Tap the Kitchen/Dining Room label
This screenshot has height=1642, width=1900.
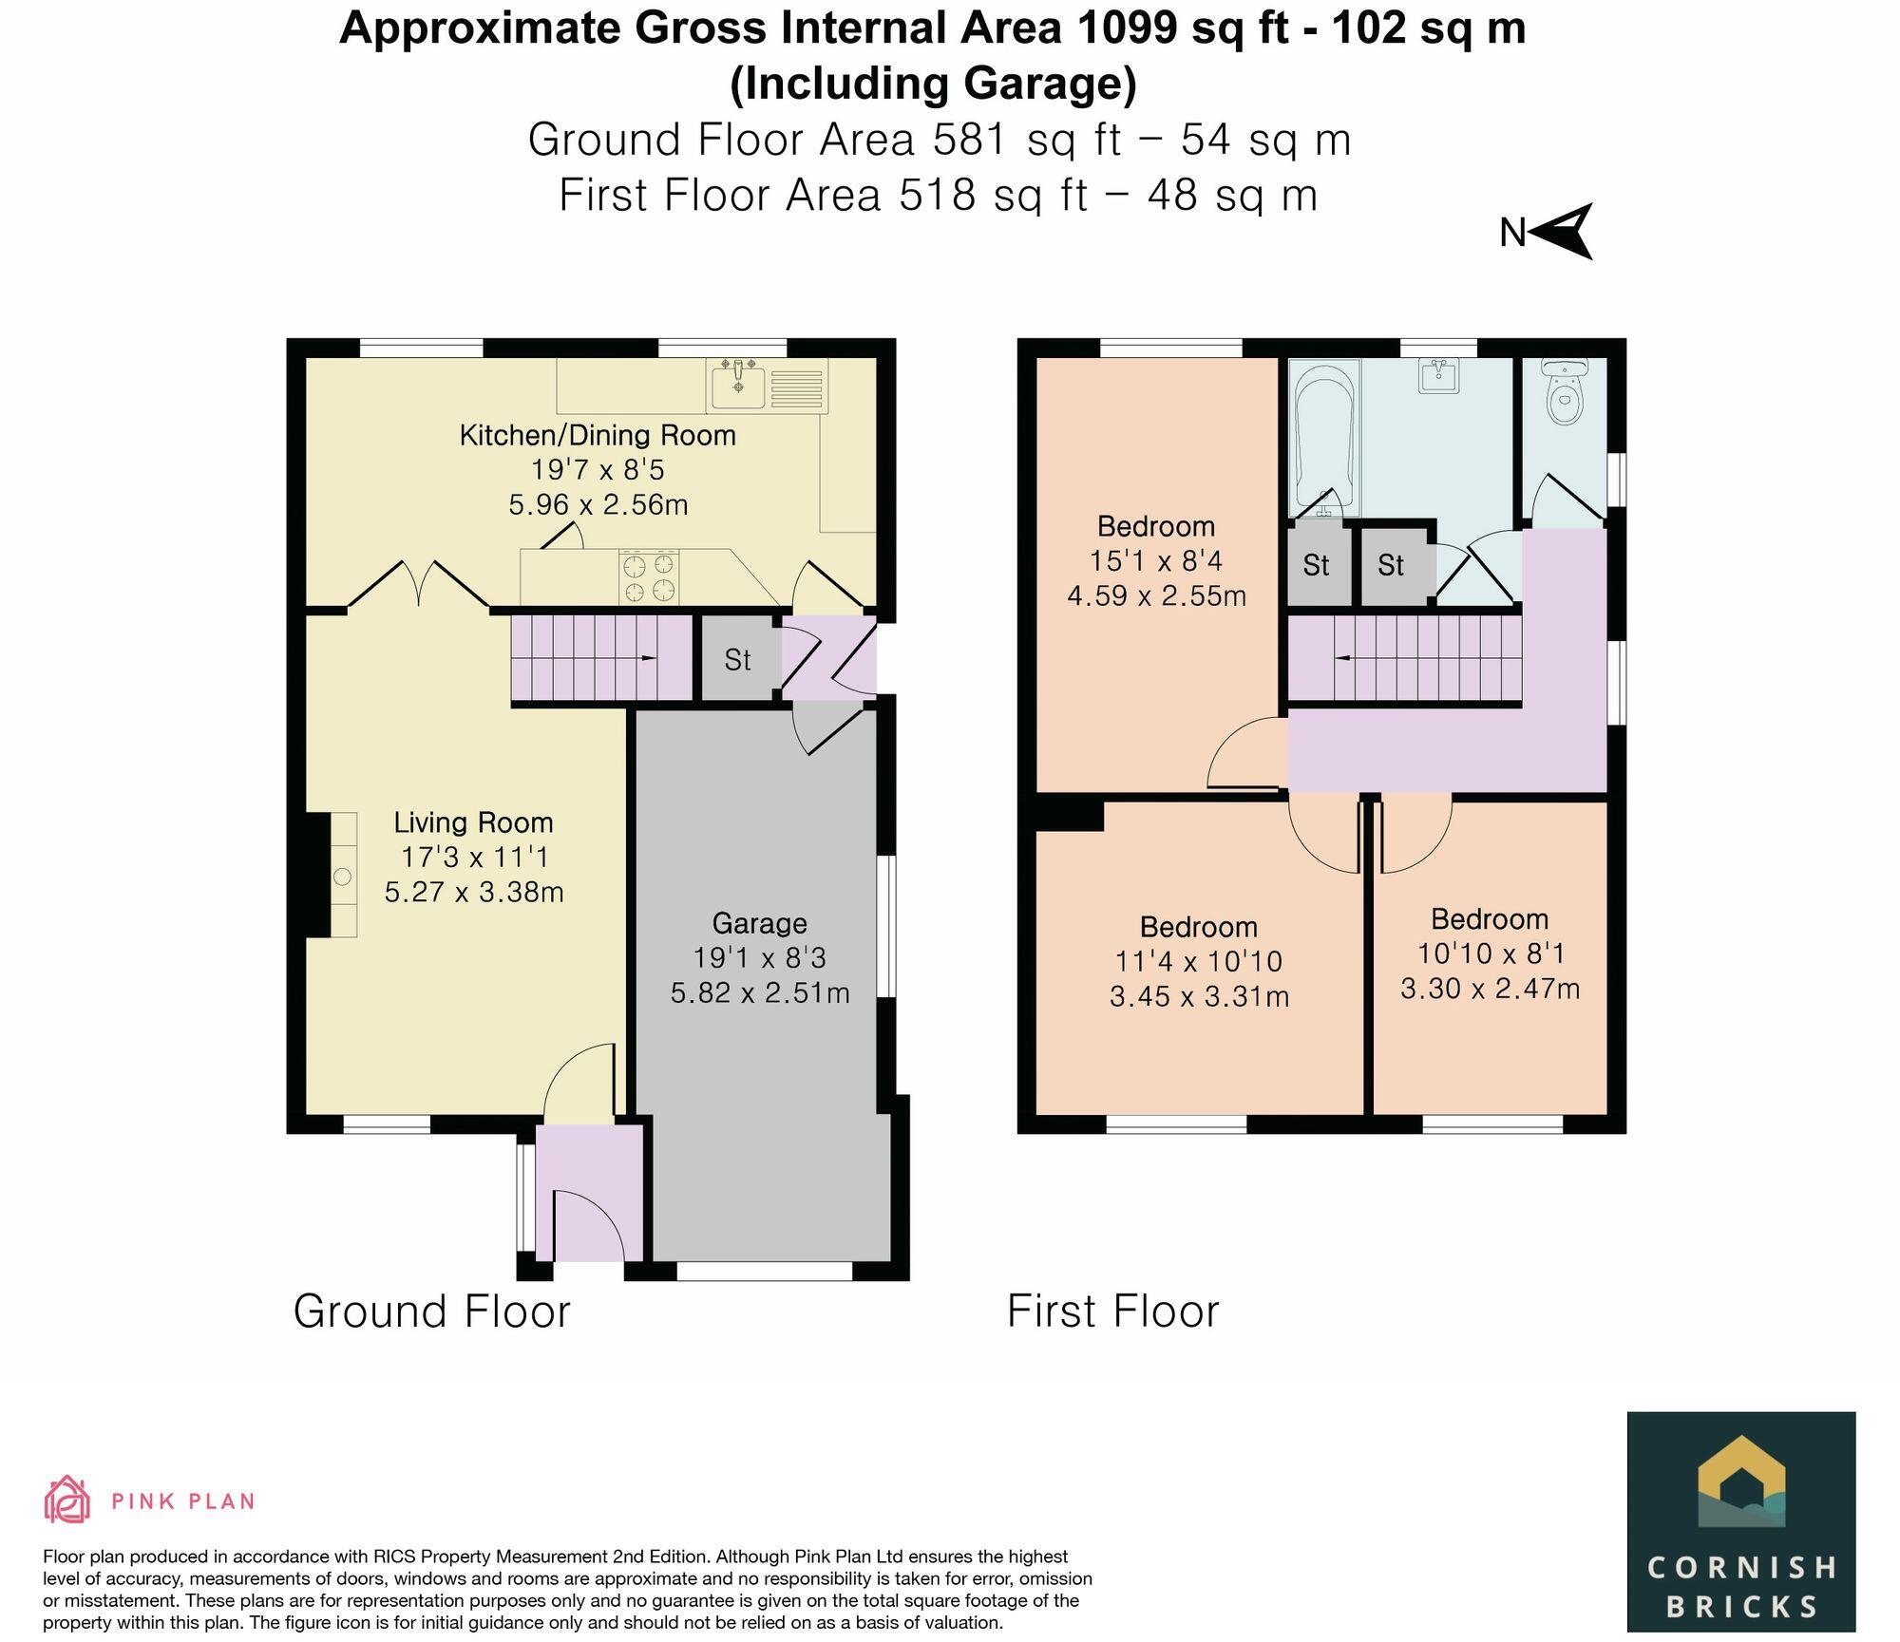[x=598, y=436]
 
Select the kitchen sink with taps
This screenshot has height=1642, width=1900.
[x=738, y=386]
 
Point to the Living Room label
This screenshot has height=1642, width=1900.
[x=473, y=822]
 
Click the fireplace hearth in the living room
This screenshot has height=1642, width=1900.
[x=343, y=875]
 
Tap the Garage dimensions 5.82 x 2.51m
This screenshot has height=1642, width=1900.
[x=760, y=993]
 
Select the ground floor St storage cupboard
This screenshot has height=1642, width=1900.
[x=738, y=659]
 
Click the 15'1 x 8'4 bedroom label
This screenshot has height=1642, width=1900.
[x=1156, y=561]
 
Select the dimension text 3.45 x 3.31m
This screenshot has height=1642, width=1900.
[x=1199, y=997]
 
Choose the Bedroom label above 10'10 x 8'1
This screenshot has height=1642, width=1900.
[x=1489, y=919]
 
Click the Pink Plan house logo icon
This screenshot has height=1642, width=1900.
[x=66, y=1500]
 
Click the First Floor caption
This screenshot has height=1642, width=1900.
[x=1112, y=1312]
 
